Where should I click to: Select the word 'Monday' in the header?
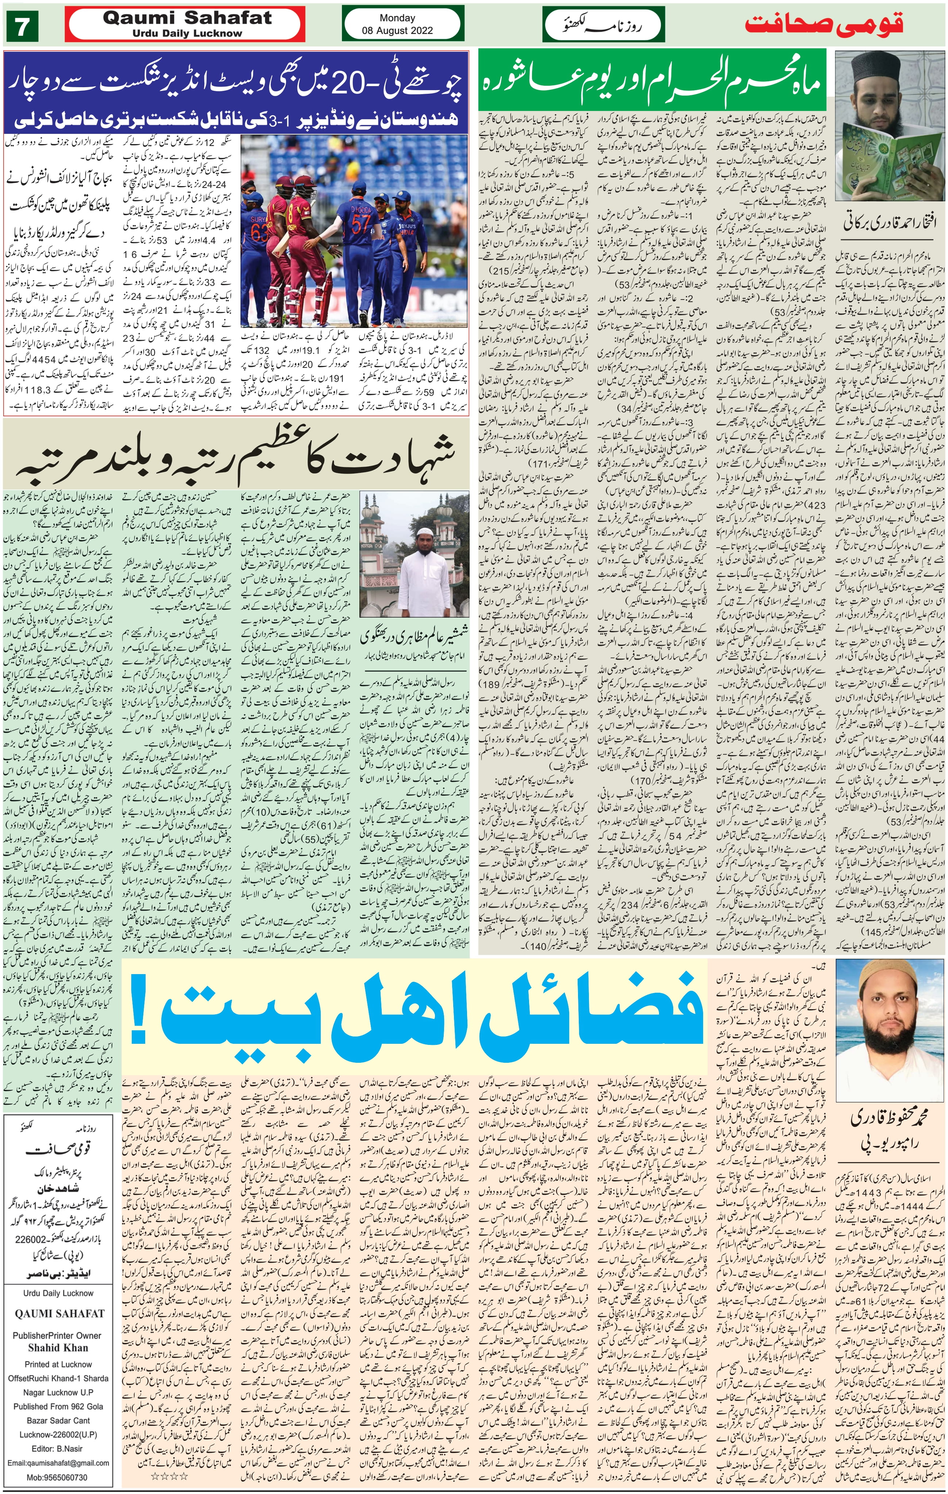pos(397,18)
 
